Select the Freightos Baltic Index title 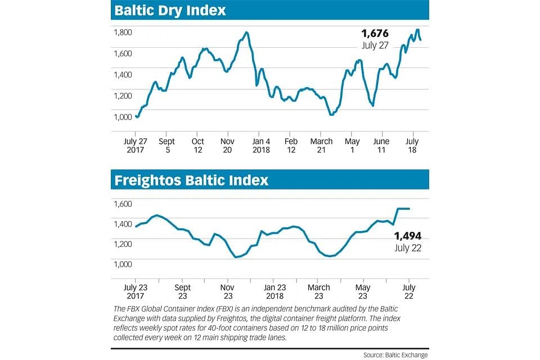[191, 181]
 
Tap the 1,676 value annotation [375, 34]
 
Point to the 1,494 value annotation [408, 236]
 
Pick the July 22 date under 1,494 [408, 247]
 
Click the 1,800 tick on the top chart [123, 33]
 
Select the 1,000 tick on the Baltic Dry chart [123, 117]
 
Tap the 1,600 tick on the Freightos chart [123, 204]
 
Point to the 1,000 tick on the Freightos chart [123, 264]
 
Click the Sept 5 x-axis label [167, 146]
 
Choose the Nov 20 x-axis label [228, 146]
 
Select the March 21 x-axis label [322, 146]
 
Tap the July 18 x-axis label [412, 146]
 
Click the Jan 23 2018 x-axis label [275, 291]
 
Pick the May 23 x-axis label [363, 291]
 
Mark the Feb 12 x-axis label [291, 146]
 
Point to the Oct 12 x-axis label [198, 146]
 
